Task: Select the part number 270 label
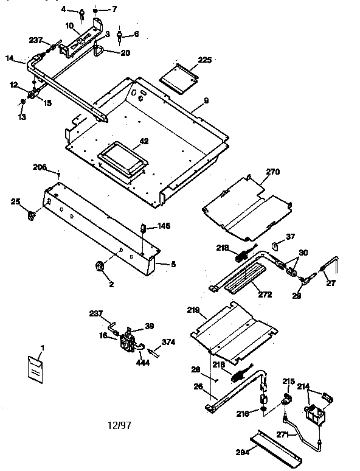[272, 172]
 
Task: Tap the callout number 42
[144, 141]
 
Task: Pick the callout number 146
[164, 226]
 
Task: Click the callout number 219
[193, 310]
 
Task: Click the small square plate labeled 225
[179, 80]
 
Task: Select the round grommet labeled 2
[99, 266]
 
